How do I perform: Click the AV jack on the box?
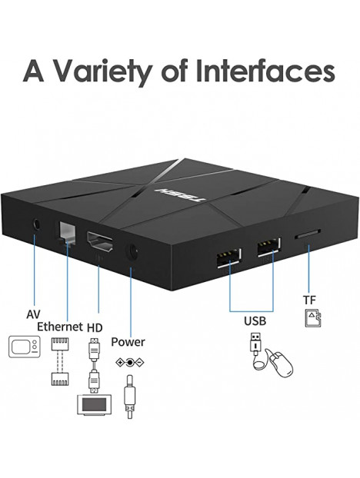(37, 225)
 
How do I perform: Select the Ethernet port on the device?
(66, 233)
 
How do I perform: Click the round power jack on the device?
(132, 252)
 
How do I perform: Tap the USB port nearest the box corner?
(228, 258)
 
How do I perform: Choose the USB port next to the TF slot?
(268, 247)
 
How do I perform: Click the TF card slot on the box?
(307, 234)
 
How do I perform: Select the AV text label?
(33, 314)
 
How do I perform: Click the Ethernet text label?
(60, 327)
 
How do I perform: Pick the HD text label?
(95, 327)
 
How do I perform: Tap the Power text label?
(128, 342)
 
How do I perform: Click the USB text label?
(255, 320)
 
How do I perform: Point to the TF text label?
(309, 300)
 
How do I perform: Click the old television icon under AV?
(25, 347)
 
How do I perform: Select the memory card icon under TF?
(313, 318)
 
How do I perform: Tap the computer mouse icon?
(282, 364)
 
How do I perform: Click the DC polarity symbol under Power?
(130, 363)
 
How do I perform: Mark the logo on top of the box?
(181, 195)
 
